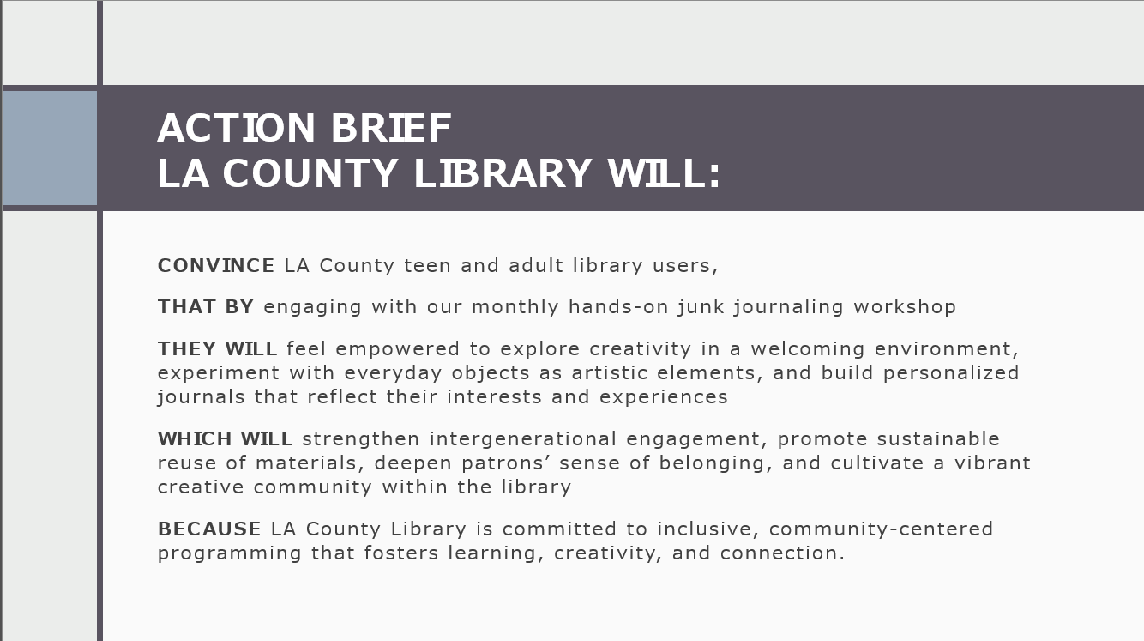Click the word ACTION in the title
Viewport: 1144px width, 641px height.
pyautogui.click(x=237, y=128)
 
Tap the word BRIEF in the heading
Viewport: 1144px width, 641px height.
pyautogui.click(x=391, y=128)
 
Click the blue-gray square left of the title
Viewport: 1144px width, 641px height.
pyautogui.click(x=50, y=148)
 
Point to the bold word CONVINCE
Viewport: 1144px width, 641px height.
pyautogui.click(x=216, y=265)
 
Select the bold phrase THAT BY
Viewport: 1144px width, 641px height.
pyautogui.click(x=206, y=306)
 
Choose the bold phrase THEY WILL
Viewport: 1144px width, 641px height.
pyautogui.click(x=217, y=348)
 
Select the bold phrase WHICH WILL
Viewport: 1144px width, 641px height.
pyautogui.click(x=225, y=438)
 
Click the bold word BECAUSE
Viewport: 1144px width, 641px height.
pyautogui.click(x=209, y=529)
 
